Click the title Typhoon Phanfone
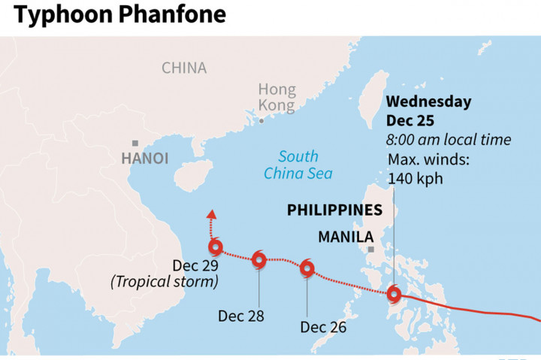tap(118, 14)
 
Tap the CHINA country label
tap(184, 68)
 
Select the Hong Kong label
tap(277, 97)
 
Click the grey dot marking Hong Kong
tap(261, 120)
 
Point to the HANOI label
tap(144, 159)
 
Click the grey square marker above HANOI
tap(134, 143)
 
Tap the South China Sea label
tap(298, 165)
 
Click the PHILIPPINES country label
tap(334, 210)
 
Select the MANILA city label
tap(346, 237)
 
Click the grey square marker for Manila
tap(370, 249)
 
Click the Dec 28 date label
tap(241, 316)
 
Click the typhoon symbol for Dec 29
tap(216, 247)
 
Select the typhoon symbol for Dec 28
tap(258, 260)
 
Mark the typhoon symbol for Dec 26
tap(307, 268)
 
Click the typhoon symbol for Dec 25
tap(393, 294)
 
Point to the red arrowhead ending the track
tap(211, 215)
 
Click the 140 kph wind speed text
tap(415, 178)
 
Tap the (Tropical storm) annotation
tap(165, 282)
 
